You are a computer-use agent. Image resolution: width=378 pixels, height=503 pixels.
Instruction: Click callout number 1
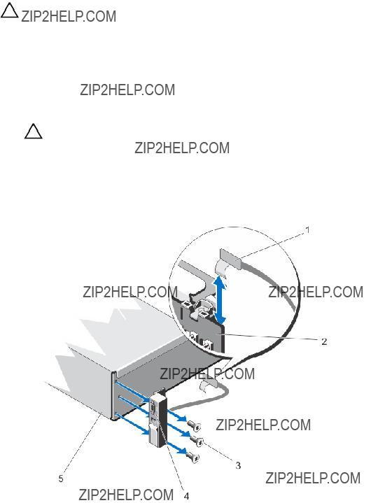pos(307,230)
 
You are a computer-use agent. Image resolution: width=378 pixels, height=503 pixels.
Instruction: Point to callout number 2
pos(324,341)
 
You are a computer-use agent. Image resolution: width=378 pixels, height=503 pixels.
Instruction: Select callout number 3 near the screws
pos(238,465)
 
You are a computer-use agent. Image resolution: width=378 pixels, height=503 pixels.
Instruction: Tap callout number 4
pos(186,496)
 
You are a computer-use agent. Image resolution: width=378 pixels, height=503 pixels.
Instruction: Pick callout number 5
pos(61,479)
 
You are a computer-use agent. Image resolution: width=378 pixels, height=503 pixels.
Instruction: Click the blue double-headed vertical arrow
pos(220,299)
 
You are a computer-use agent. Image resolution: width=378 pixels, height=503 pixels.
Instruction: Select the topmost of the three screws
pos(195,425)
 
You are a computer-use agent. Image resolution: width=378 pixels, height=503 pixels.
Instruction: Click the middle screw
pos(196,441)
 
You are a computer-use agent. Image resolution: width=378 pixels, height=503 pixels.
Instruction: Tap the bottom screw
pos(193,457)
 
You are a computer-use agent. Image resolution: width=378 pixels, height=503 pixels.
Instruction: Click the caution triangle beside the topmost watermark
pos(9,10)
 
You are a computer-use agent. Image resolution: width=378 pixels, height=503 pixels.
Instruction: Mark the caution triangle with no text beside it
pos(33,132)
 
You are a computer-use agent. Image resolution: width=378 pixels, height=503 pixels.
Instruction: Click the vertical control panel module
pos(156,418)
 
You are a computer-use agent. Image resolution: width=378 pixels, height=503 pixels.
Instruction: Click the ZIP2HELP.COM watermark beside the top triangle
pos(69,16)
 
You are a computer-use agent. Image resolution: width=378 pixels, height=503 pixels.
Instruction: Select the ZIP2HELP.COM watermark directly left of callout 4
pos(126,495)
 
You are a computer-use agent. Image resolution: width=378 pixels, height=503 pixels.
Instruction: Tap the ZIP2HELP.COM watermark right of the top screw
pos(263,425)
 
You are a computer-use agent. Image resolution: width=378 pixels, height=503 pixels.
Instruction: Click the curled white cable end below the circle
pos(208,385)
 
